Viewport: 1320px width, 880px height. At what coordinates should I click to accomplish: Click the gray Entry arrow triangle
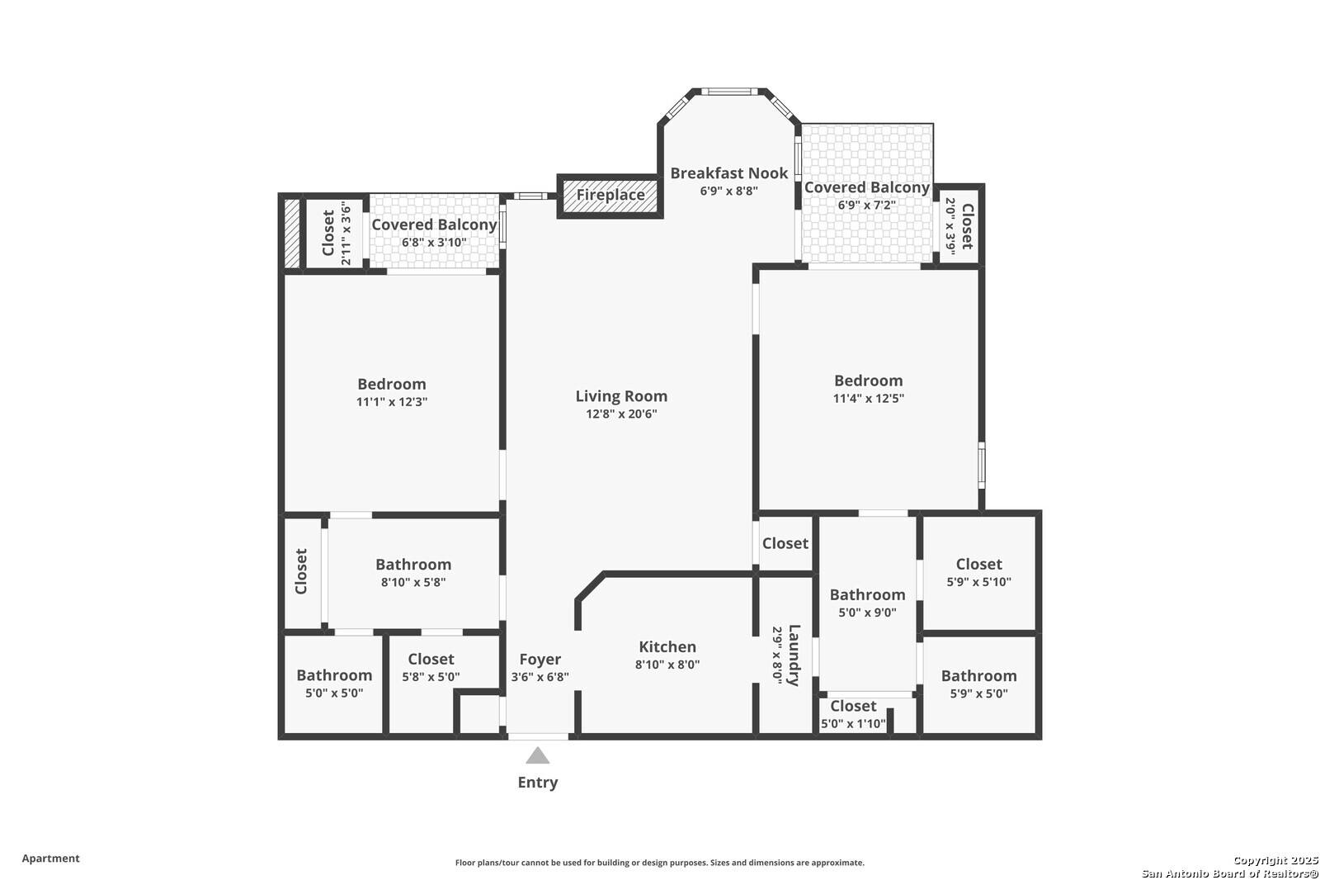pos(537,755)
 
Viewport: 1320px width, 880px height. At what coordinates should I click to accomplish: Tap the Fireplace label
pos(610,195)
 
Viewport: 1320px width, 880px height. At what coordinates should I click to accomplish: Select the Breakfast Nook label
pos(729,173)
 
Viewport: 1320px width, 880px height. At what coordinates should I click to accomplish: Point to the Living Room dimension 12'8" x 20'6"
pos(621,414)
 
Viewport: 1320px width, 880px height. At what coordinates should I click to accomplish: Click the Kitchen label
pos(667,646)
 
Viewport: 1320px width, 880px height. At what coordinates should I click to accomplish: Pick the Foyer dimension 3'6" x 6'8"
pos(540,677)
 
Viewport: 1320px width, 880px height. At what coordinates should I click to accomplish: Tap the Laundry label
pos(794,655)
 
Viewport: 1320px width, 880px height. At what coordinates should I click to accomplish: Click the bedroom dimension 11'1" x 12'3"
pos(392,402)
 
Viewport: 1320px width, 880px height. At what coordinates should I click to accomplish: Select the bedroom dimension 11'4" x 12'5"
pos(868,398)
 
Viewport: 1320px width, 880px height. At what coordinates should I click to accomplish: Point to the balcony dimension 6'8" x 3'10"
pos(434,243)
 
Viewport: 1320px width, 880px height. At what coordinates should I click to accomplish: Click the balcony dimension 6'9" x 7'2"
pos(867,205)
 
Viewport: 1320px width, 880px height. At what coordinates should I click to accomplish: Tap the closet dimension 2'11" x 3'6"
pos(346,234)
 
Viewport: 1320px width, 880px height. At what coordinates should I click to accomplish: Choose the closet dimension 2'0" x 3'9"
pos(950,226)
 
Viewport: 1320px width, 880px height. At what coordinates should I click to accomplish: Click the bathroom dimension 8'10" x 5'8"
pos(413,582)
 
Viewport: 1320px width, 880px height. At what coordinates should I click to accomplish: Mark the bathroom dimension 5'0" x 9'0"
pos(867,613)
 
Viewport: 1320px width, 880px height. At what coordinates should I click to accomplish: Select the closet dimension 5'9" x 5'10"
pos(978,581)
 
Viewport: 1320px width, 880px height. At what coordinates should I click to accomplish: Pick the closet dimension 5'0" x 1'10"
pos(853,724)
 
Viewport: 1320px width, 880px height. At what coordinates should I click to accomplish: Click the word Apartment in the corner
pos(50,859)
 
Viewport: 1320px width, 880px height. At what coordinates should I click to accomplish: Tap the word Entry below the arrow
pos(537,782)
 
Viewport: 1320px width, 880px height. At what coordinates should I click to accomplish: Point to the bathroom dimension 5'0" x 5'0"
pos(334,693)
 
